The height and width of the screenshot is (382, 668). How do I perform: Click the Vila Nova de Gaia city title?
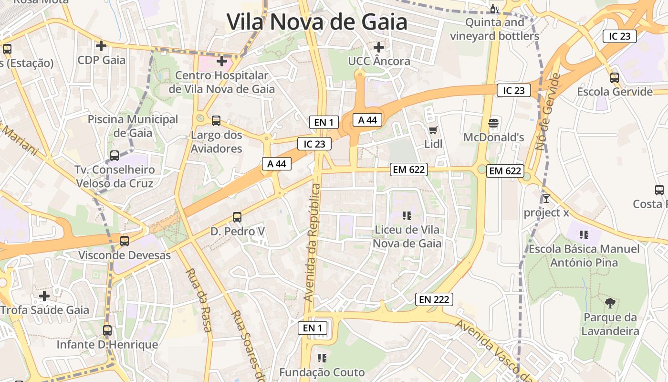tap(317, 22)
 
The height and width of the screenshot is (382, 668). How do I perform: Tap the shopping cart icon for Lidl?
tap(433, 130)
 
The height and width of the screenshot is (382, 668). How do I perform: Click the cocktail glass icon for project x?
tap(546, 198)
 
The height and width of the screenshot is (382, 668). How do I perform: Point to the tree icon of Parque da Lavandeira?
tap(610, 303)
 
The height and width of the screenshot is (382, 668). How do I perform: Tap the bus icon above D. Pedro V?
tap(237, 217)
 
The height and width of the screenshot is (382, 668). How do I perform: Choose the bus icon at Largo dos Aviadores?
tap(216, 121)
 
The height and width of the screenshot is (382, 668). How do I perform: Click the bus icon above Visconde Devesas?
tap(125, 241)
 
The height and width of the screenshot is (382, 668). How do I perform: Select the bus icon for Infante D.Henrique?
tap(107, 330)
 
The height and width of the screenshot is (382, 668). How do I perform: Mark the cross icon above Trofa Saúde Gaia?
tap(44, 296)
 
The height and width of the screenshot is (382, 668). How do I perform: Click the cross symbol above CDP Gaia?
tap(101, 46)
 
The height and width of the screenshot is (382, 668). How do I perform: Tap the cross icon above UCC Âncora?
tap(379, 47)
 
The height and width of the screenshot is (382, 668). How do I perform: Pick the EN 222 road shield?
tap(434, 299)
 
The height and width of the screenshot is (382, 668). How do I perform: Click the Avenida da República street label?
tap(313, 243)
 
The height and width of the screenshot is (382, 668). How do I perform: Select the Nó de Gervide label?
tap(547, 112)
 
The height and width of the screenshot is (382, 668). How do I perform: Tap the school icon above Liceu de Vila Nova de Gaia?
tap(407, 216)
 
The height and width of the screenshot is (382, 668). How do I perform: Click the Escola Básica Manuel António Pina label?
tap(584, 255)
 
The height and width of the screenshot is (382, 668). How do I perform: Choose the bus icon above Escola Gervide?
tap(615, 78)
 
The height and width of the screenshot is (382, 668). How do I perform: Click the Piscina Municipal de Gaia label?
tap(133, 126)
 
